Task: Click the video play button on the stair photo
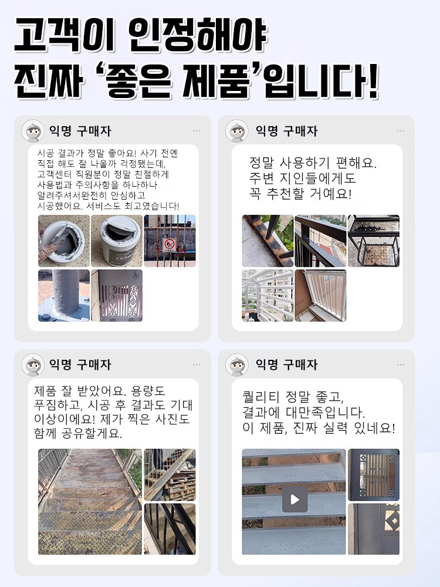tap(295, 500)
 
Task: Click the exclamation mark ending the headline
tap(370, 83)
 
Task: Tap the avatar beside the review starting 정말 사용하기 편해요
tap(237, 131)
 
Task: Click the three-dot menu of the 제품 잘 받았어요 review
tap(197, 365)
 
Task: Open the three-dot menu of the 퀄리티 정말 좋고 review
tap(401, 365)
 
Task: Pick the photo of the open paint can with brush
tap(64, 241)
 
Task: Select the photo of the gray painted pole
tap(64, 295)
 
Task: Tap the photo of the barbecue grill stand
tap(374, 241)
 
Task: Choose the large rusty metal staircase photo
tap(90, 502)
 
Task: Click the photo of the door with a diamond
tap(374, 529)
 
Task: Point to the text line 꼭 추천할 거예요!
tap(300, 193)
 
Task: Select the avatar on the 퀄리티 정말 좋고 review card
tap(237, 365)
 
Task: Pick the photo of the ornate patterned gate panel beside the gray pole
tap(116, 295)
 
